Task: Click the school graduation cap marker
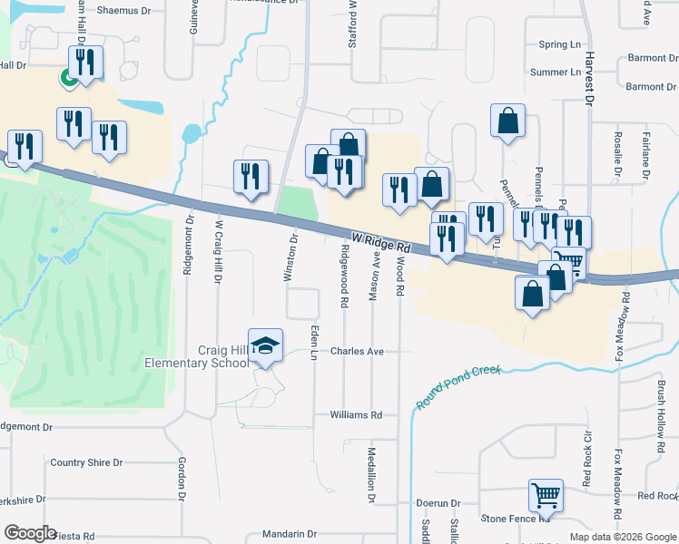(x=266, y=345)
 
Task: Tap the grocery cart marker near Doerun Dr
(x=546, y=496)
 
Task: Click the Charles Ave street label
(x=357, y=351)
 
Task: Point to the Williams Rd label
(x=356, y=414)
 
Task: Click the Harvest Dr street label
(x=587, y=81)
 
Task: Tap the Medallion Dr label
(x=371, y=474)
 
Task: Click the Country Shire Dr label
(x=86, y=462)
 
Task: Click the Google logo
(x=30, y=533)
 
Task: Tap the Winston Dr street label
(x=292, y=258)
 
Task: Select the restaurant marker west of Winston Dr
(x=250, y=177)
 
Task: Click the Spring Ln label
(x=559, y=44)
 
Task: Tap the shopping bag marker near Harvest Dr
(x=507, y=121)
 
